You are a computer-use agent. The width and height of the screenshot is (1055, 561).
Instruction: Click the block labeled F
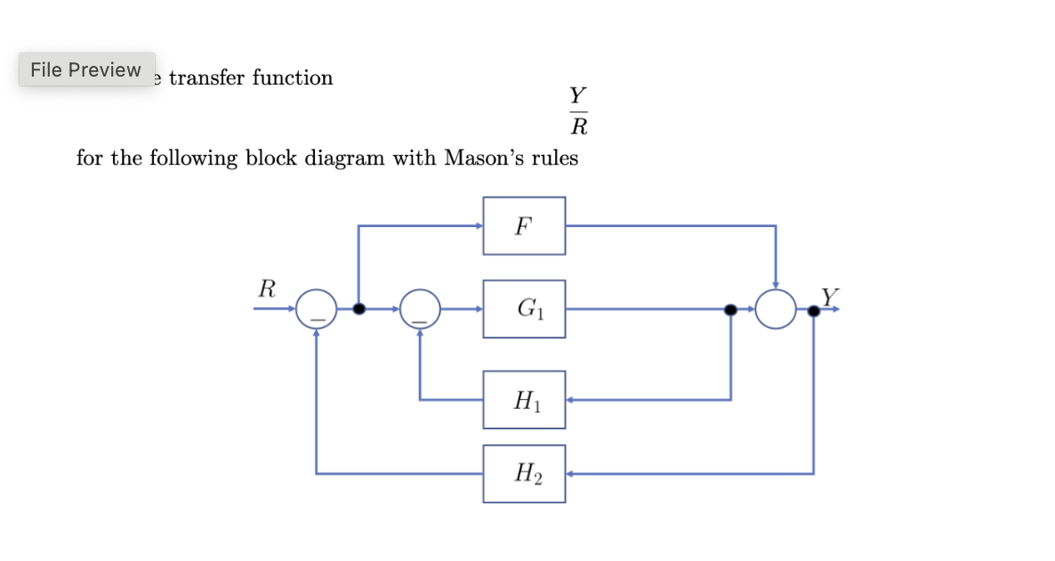(x=524, y=225)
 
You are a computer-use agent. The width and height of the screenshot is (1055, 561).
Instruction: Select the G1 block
(x=524, y=309)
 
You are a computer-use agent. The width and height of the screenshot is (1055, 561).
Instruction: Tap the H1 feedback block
(x=524, y=400)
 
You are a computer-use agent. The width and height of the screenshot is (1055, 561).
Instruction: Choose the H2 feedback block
(x=524, y=474)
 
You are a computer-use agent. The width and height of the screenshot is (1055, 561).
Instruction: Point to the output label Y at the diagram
(x=829, y=296)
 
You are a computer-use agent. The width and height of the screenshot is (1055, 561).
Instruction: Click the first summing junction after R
(x=317, y=309)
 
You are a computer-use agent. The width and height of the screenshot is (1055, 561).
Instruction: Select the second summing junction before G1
(x=421, y=309)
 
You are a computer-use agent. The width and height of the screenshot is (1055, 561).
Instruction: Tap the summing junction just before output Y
(x=776, y=309)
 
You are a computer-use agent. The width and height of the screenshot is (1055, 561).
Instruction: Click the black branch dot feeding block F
(x=358, y=309)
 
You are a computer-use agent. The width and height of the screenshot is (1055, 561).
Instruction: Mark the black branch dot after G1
(x=730, y=309)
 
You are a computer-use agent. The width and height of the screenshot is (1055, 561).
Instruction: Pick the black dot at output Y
(x=813, y=310)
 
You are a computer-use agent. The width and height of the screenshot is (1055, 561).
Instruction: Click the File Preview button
(x=86, y=69)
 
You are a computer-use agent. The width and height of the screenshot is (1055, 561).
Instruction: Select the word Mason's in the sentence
(x=484, y=159)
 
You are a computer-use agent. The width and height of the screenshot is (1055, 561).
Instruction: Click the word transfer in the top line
(x=207, y=78)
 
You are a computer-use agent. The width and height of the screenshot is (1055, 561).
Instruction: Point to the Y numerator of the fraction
(x=578, y=95)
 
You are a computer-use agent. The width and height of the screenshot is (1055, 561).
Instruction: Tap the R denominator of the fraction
(x=578, y=127)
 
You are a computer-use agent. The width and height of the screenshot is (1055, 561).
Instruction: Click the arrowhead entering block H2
(x=570, y=474)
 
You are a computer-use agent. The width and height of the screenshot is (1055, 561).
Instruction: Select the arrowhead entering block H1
(x=570, y=400)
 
